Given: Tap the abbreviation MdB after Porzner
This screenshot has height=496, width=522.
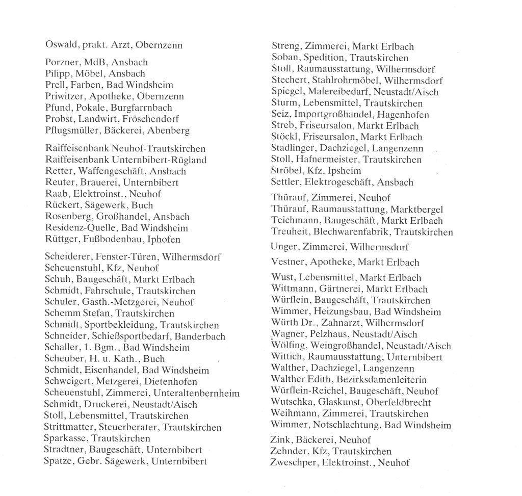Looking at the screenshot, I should tap(94, 62).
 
